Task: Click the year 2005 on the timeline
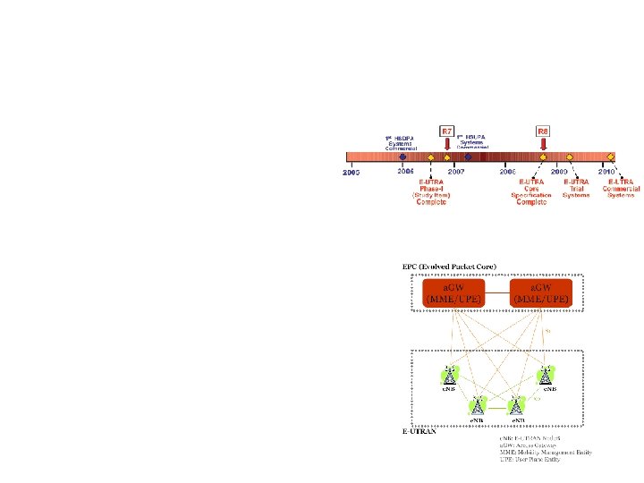point(352,172)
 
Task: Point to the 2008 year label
point(507,170)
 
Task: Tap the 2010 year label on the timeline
point(606,170)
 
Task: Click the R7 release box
point(447,131)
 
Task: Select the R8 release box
point(543,131)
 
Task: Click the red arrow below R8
point(543,146)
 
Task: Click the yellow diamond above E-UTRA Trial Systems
point(569,157)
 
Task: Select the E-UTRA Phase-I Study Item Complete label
point(431,191)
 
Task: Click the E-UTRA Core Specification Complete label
point(531,191)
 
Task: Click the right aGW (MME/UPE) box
point(539,292)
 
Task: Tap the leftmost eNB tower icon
point(450,376)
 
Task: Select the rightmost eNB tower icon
point(546,376)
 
